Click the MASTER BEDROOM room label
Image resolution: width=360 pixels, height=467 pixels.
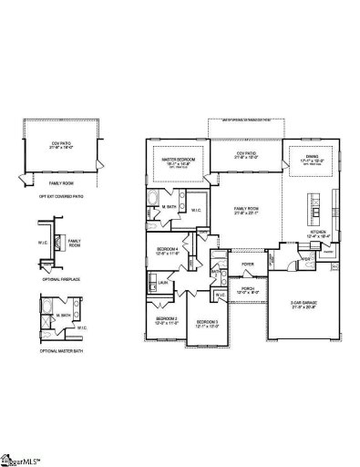(178, 157)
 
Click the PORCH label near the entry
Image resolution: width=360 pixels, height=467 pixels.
(248, 288)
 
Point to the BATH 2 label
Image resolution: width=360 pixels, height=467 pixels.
(217, 272)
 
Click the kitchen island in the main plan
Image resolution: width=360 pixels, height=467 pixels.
(315, 213)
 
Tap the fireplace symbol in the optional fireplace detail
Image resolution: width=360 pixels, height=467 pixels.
(56, 244)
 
